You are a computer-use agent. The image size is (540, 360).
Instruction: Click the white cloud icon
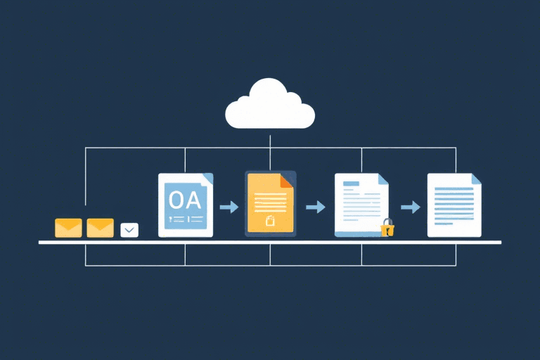click(270, 105)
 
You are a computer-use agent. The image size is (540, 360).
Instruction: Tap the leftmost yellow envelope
click(68, 228)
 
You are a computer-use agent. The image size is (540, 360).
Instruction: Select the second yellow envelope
click(101, 228)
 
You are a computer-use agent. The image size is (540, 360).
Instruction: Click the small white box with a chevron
click(129, 230)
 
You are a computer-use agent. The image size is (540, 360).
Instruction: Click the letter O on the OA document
click(176, 200)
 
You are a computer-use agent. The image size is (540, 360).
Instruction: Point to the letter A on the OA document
click(193, 200)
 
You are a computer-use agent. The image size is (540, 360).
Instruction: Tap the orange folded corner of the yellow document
click(286, 181)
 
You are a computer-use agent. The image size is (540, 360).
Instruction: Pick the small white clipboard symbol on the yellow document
click(270, 220)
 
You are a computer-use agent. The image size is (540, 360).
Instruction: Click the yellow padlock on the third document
click(387, 228)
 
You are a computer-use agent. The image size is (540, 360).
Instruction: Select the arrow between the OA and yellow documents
click(229, 207)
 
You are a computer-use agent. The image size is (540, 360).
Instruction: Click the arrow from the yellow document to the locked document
click(316, 207)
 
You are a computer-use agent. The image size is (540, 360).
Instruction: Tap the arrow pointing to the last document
click(411, 207)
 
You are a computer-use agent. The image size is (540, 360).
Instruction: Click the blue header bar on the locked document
click(351, 184)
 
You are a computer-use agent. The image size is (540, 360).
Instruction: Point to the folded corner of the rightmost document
click(477, 179)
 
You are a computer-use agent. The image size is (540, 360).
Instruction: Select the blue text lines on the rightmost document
click(454, 206)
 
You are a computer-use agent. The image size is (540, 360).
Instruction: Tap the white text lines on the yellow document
click(270, 202)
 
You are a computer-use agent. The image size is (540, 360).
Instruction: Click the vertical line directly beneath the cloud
click(270, 153)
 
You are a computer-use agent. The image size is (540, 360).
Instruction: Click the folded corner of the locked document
click(383, 179)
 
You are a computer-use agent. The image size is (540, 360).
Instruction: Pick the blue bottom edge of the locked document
click(358, 235)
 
